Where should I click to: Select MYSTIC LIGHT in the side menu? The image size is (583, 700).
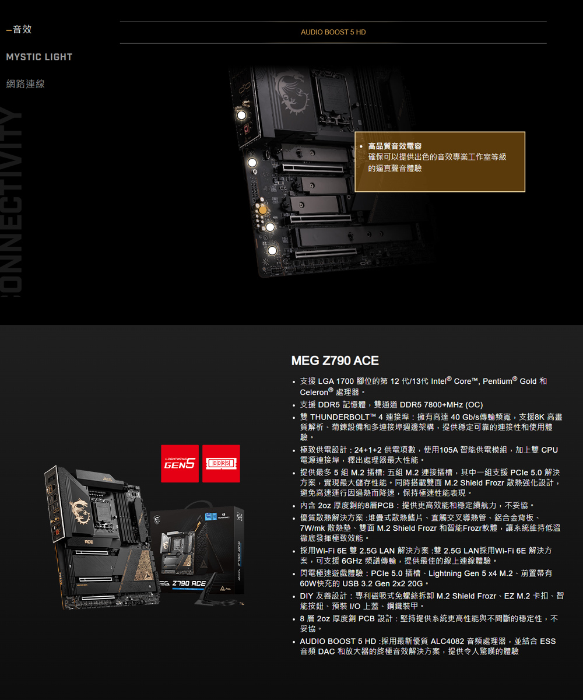click(x=39, y=57)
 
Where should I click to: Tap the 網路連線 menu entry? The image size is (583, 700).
click(x=25, y=84)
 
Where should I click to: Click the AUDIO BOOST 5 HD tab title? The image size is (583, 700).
click(x=333, y=32)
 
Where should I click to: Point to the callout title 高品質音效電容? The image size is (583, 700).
click(x=395, y=146)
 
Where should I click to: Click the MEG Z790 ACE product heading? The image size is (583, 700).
click(x=335, y=361)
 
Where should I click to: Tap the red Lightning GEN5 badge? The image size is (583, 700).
click(x=180, y=463)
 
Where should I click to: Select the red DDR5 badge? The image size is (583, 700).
click(x=221, y=463)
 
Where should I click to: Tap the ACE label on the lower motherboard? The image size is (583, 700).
click(x=88, y=543)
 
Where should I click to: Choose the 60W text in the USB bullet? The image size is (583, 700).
click(x=309, y=584)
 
